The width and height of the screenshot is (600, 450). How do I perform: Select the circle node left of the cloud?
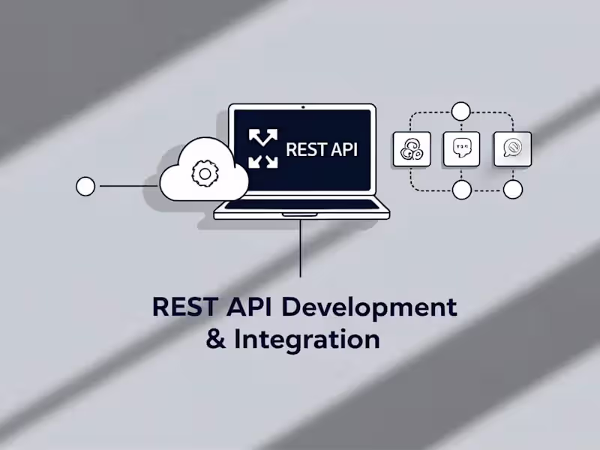(x=86, y=186)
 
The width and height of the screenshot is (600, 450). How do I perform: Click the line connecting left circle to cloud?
(x=127, y=186)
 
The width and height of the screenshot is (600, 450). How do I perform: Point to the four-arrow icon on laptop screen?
(x=262, y=148)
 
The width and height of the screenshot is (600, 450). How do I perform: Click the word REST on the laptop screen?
(x=304, y=149)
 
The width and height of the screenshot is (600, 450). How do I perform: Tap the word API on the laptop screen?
(x=341, y=149)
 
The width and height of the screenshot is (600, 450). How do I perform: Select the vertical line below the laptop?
(x=301, y=247)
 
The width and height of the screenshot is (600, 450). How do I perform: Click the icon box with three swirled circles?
(x=412, y=149)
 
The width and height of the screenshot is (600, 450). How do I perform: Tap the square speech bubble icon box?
(x=461, y=149)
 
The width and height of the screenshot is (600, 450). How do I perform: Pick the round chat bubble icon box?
(x=512, y=149)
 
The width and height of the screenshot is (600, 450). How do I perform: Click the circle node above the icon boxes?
(x=461, y=112)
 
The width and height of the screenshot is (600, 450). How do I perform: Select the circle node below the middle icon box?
(x=462, y=190)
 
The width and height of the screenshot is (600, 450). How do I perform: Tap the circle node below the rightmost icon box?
(x=513, y=190)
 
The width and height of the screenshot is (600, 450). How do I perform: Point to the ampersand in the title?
(x=215, y=340)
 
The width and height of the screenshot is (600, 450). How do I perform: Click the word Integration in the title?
(x=307, y=340)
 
